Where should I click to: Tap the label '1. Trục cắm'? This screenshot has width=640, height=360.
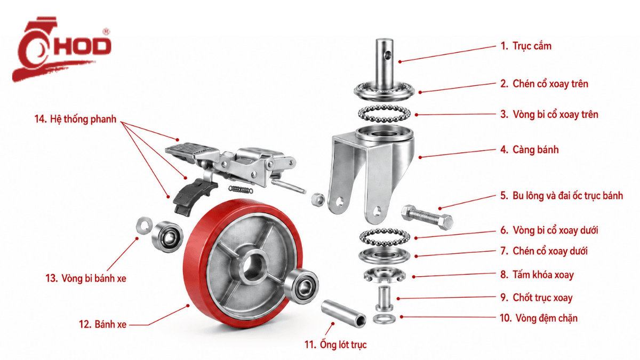(526, 46)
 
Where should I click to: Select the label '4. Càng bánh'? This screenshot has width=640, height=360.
(530, 150)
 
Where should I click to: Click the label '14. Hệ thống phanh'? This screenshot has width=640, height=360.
(75, 119)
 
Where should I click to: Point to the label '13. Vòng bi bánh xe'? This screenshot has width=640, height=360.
(86, 278)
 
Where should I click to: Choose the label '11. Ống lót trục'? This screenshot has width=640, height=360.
(335, 345)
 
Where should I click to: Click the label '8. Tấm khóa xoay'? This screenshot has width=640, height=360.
(537, 275)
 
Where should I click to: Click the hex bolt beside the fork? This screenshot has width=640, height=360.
(427, 217)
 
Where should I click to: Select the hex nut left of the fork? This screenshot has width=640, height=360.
(317, 199)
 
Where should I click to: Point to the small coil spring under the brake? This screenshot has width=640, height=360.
(241, 189)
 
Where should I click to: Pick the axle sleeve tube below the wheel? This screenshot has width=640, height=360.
(343, 314)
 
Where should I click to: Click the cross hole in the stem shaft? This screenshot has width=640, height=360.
(387, 55)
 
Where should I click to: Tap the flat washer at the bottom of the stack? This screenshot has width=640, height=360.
(384, 318)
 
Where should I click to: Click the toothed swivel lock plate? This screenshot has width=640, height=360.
(385, 275)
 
